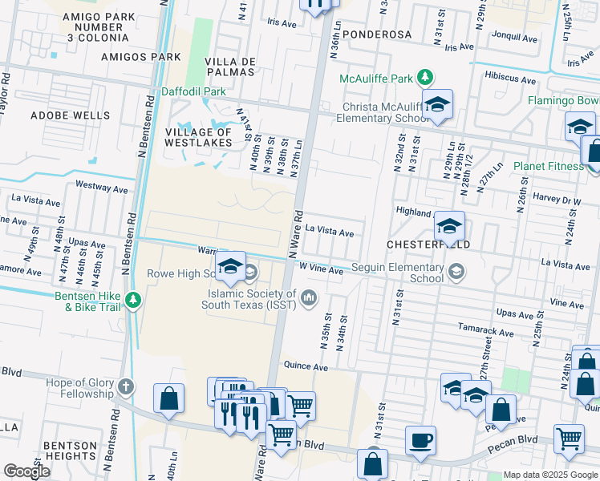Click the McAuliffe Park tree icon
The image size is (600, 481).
426,78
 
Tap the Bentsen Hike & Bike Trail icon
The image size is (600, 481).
133,301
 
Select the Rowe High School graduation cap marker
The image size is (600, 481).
230,267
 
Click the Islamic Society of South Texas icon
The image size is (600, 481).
309,299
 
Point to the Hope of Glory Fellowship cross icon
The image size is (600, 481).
125,387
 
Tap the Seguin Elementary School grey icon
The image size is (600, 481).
456,273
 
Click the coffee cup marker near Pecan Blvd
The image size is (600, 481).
420,441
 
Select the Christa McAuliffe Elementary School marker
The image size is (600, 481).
437,105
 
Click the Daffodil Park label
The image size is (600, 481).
193,91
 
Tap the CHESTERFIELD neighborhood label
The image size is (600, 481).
428,243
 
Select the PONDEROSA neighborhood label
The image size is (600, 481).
376,34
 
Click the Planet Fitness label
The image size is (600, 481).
550,166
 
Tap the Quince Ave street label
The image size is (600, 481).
306,366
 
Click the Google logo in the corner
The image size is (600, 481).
26,471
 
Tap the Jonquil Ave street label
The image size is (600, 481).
513,37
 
